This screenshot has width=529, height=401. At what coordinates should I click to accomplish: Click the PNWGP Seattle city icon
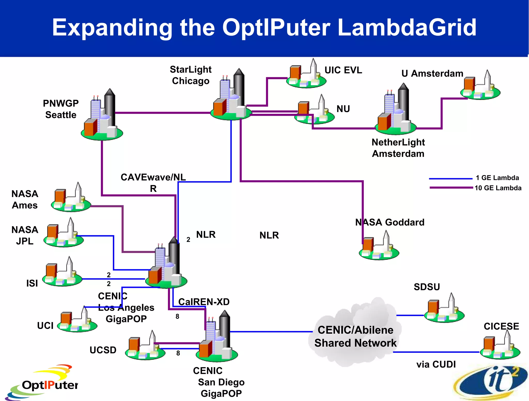pos(102,116)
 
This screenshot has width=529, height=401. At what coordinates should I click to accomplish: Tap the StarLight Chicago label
pos(191,75)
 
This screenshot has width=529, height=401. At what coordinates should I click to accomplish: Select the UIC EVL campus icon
pos(306,75)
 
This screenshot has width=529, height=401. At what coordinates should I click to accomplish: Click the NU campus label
pos(343,109)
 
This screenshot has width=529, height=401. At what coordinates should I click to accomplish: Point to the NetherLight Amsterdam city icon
pos(395,111)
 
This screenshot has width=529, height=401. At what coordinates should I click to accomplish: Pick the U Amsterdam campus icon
pos(480,87)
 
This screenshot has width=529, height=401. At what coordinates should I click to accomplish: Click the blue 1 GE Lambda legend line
pos(450,178)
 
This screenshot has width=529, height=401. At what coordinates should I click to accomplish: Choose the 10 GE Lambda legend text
pos(498,188)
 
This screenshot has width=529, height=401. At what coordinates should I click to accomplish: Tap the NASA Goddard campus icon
pos(379,247)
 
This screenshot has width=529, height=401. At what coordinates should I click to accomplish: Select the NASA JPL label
pos(25,235)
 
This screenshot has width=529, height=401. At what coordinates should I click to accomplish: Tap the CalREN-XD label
pos(204,302)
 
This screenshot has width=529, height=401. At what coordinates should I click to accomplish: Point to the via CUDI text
pos(436,364)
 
